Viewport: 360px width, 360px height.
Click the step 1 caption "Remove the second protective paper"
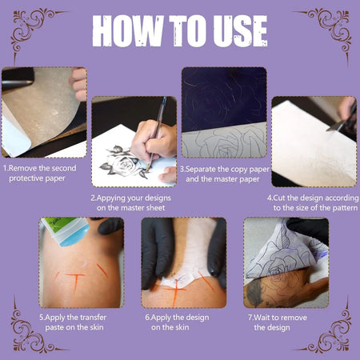[40, 173]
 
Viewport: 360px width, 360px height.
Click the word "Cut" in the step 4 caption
[279, 198]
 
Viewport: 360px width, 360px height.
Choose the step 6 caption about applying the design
[177, 322]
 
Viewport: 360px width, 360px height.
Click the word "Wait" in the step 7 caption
[261, 318]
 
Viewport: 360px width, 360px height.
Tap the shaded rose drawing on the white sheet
[122, 162]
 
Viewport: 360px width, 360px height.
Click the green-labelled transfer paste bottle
[65, 230]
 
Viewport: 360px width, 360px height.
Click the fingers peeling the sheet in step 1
[78, 83]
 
